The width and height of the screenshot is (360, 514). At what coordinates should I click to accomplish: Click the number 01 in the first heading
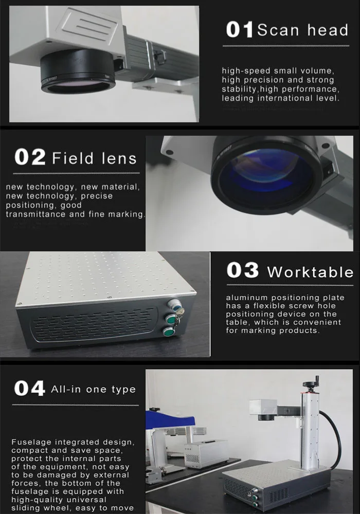point(240,30)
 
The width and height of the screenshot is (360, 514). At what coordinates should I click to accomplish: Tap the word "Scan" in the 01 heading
point(277,30)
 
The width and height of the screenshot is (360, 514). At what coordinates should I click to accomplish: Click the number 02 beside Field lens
point(30,157)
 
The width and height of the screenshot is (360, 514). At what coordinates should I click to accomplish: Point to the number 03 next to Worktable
point(243,271)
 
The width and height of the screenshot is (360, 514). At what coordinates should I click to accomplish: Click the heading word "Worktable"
point(310,271)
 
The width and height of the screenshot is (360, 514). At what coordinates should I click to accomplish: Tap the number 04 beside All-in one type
point(29,389)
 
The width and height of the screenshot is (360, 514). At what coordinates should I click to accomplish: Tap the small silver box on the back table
point(206,452)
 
